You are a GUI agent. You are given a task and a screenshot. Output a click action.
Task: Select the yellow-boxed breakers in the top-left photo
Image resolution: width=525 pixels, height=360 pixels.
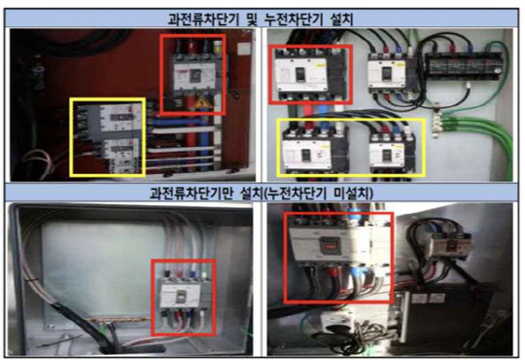pos(107,136)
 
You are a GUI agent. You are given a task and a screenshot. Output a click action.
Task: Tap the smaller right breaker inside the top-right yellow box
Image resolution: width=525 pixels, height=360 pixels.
pos(393,147)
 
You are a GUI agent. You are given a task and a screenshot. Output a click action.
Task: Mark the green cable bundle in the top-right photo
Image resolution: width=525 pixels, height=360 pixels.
pos(476,122)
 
